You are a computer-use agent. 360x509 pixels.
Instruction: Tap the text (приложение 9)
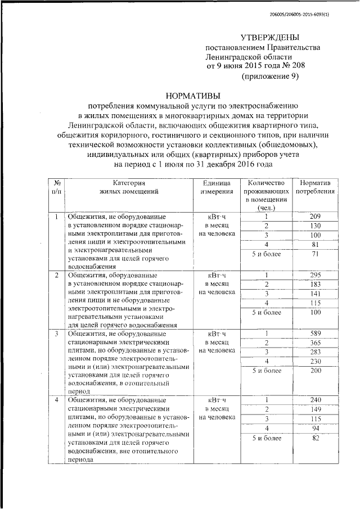pyautogui.click(x=269, y=76)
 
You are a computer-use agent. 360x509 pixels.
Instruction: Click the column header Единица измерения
pyautogui.click(x=213, y=187)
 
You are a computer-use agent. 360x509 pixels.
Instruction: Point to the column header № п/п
pyautogui.click(x=57, y=187)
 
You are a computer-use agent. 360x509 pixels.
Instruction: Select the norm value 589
pyautogui.click(x=315, y=334)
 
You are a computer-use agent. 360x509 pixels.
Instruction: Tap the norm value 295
pyautogui.click(x=315, y=274)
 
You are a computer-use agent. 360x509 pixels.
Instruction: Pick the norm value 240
pyautogui.click(x=315, y=399)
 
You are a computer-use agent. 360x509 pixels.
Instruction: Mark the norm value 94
pyautogui.click(x=315, y=429)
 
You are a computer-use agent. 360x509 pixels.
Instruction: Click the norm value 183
pyautogui.click(x=315, y=283)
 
